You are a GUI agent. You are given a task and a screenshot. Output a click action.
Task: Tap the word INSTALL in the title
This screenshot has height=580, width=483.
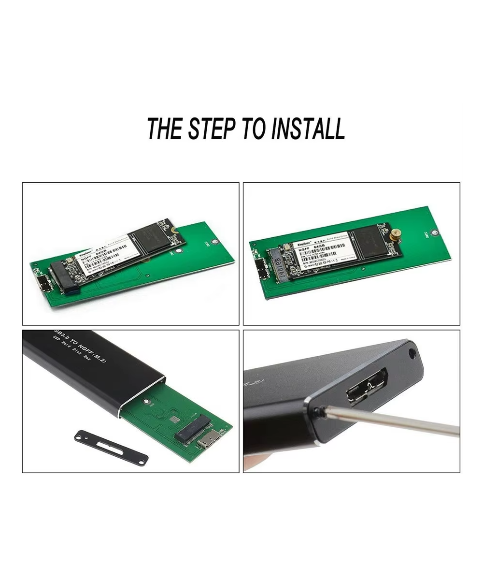(308, 129)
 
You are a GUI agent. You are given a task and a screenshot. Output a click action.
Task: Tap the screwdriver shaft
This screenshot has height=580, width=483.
(391, 420)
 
